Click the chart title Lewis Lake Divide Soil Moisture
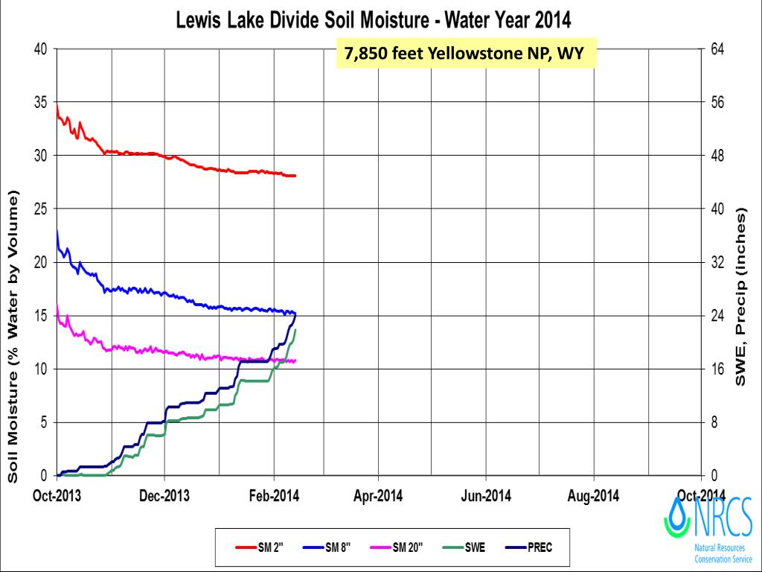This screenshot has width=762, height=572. (373, 19)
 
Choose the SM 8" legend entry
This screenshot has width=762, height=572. (332, 548)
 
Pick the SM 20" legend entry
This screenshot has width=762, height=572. (401, 548)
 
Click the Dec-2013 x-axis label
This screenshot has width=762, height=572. (164, 495)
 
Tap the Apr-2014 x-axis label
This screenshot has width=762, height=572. (378, 495)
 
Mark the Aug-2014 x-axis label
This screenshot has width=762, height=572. (593, 495)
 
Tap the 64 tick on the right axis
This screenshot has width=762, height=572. (719, 49)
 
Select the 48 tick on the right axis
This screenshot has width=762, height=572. (719, 156)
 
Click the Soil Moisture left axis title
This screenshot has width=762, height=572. (13, 336)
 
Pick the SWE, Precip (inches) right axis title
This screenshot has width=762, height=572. (741, 297)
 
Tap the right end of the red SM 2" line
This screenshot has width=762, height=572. (295, 176)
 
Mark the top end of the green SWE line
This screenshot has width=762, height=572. (295, 330)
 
